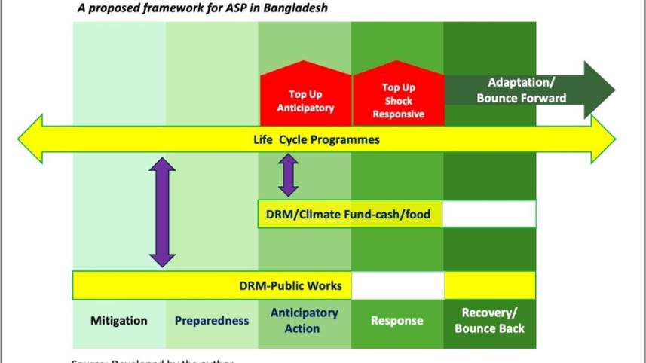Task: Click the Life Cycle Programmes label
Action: pyautogui.click(x=316, y=139)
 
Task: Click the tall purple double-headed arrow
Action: pyautogui.click(x=162, y=212)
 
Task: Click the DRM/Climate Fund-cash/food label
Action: pyautogui.click(x=348, y=215)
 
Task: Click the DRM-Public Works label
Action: pyautogui.click(x=290, y=285)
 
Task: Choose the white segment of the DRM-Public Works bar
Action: pyautogui.click(x=397, y=285)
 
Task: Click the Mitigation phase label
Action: pyautogui.click(x=119, y=320)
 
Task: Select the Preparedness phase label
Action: pyautogui.click(x=212, y=320)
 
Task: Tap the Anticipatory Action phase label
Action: pyautogui.click(x=304, y=320)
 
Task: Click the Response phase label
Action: pyautogui.click(x=397, y=320)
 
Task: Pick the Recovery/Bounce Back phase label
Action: pyautogui.click(x=489, y=320)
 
